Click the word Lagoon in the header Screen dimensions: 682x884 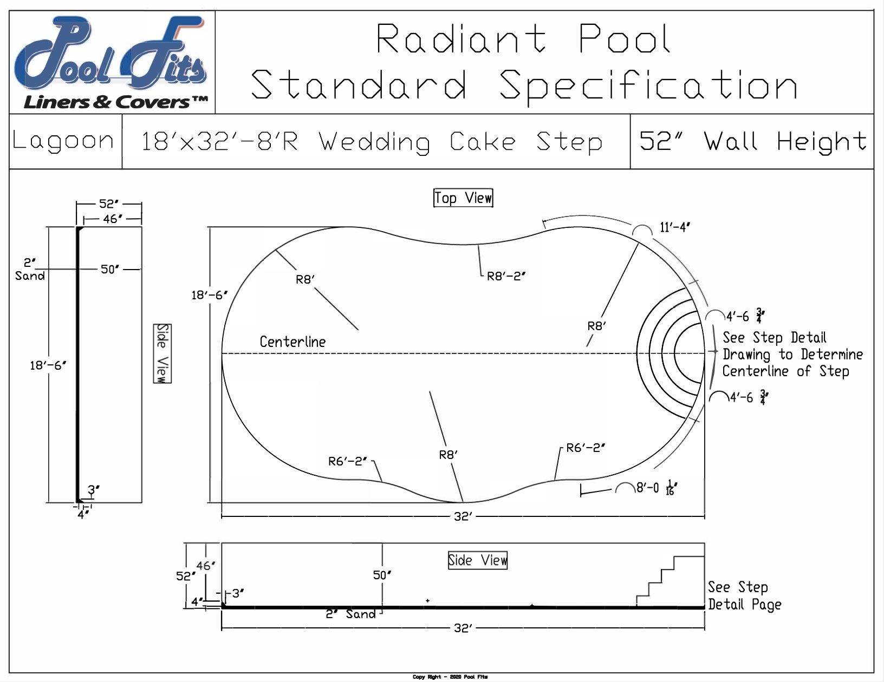[63, 141]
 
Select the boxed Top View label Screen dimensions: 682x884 [463, 198]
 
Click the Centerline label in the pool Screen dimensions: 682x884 [292, 342]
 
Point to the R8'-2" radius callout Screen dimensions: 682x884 [506, 276]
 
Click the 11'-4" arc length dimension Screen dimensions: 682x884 [674, 227]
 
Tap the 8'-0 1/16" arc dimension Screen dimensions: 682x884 [656, 488]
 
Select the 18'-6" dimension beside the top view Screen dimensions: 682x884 [209, 296]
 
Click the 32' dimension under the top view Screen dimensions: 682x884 [463, 517]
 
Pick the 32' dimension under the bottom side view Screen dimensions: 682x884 [463, 628]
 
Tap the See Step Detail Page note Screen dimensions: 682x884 [744, 596]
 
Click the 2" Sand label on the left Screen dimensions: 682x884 [29, 270]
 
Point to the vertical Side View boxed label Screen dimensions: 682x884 [162, 353]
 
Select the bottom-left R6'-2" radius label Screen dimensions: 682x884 [347, 462]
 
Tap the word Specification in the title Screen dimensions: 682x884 [648, 86]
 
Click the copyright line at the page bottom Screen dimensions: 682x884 [450, 677]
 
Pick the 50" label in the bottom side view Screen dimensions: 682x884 [382, 575]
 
